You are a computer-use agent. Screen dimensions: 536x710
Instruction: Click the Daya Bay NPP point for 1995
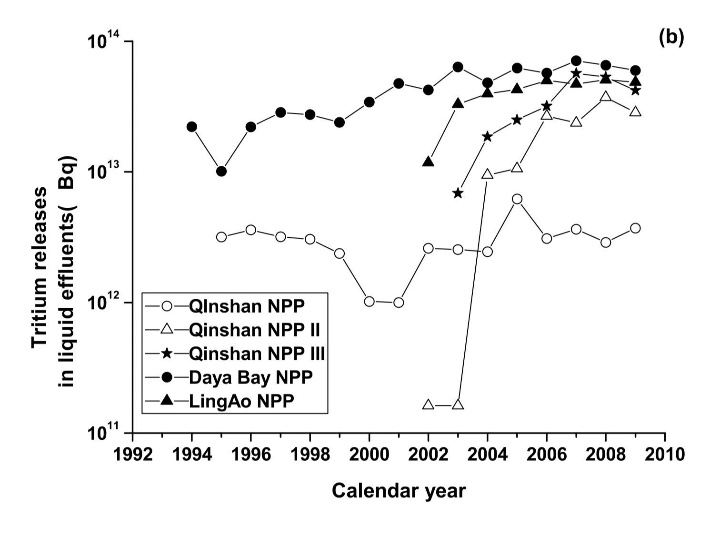click(x=221, y=171)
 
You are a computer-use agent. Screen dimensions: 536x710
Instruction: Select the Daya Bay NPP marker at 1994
click(x=192, y=127)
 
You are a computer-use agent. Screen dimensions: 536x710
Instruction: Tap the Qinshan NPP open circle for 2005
click(x=517, y=199)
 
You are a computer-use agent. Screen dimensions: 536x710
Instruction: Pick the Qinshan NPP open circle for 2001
click(x=399, y=302)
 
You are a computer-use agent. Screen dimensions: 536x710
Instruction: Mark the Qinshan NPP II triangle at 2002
click(x=429, y=405)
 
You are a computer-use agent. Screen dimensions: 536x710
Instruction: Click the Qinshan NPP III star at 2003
click(x=458, y=193)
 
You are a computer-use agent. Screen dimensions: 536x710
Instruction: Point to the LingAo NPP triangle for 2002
click(x=429, y=162)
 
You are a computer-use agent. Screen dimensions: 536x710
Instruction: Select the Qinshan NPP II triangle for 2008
click(x=606, y=97)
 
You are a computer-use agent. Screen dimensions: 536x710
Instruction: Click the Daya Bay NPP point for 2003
click(x=458, y=67)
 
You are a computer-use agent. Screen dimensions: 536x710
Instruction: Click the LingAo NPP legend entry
click(x=241, y=401)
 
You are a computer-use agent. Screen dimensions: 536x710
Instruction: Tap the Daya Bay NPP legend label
click(x=251, y=377)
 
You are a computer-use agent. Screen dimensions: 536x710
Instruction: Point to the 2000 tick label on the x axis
click(x=369, y=454)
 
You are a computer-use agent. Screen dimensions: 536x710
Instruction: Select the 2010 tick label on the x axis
click(x=665, y=454)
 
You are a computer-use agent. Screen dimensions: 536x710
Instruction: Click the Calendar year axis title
click(x=399, y=490)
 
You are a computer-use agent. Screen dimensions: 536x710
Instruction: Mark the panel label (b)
click(x=671, y=37)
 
